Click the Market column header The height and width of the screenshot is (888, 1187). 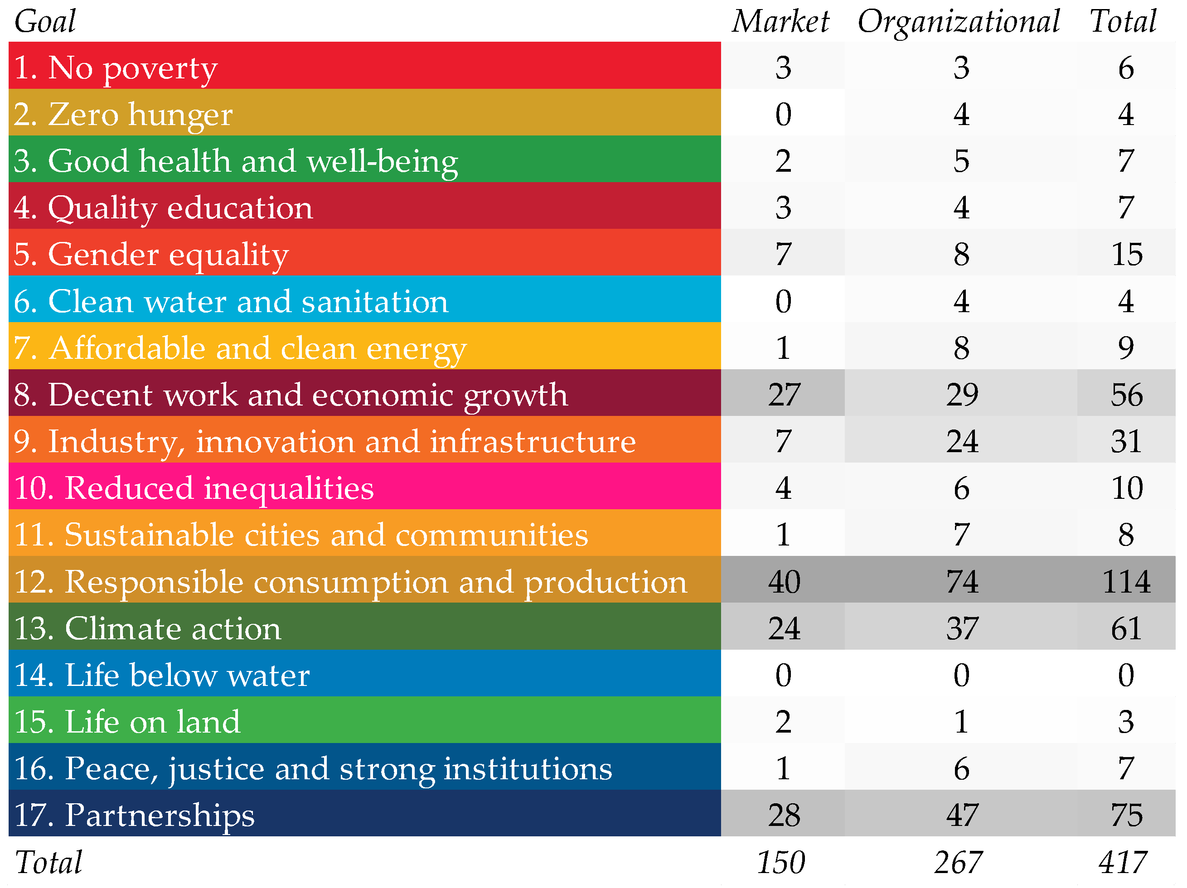(x=781, y=21)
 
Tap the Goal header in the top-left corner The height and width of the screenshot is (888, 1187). (x=45, y=21)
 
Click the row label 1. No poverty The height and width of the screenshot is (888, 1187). (x=116, y=68)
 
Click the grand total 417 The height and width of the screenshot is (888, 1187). (x=1123, y=862)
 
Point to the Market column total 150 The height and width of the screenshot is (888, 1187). (x=781, y=862)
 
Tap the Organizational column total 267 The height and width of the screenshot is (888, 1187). (x=959, y=862)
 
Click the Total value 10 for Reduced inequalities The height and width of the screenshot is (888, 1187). (x=1126, y=488)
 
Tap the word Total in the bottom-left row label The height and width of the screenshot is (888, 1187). (x=49, y=862)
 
